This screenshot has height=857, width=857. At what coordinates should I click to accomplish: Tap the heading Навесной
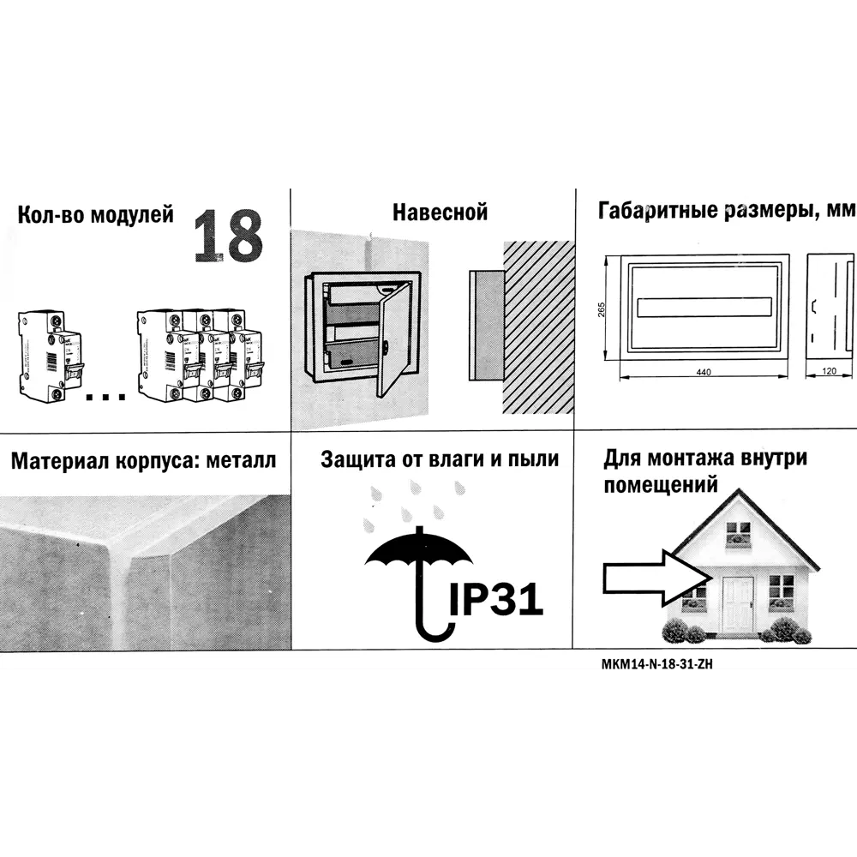point(440,212)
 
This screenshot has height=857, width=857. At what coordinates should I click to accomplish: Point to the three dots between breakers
point(106,396)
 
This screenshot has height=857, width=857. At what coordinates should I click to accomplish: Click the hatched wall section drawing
point(536,330)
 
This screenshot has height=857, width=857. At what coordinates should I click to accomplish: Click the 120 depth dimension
point(830,372)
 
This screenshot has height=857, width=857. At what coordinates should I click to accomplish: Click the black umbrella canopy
point(418,553)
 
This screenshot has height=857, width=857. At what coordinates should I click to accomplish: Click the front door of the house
point(737,605)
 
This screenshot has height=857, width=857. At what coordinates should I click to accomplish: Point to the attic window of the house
point(737,536)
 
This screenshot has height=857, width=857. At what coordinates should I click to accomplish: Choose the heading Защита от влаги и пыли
point(440,459)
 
